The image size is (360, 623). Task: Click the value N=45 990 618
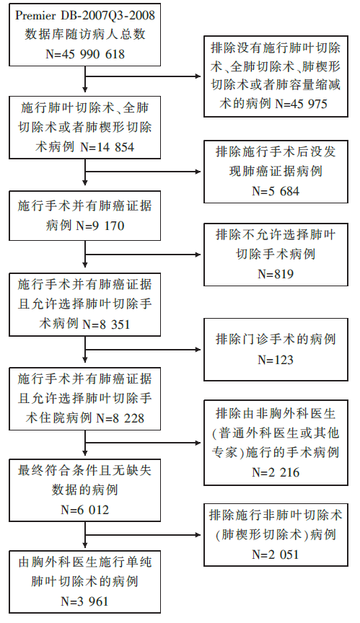(85, 53)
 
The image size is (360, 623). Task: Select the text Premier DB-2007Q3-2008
(85, 15)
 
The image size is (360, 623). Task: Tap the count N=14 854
(107, 147)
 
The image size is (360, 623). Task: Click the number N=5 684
(276, 191)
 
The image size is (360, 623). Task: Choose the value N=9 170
(100, 226)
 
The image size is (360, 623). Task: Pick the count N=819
(276, 274)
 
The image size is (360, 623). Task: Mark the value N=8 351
(106, 324)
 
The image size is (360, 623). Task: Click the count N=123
(276, 360)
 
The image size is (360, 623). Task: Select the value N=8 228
(120, 418)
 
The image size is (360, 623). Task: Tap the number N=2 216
(276, 472)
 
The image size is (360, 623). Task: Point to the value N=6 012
(85, 510)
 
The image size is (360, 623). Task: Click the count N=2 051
(276, 554)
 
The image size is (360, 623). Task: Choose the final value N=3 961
(85, 601)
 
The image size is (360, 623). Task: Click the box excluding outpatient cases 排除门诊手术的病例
(276, 349)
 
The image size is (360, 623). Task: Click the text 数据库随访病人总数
(85, 35)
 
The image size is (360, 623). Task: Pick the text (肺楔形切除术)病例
(276, 535)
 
